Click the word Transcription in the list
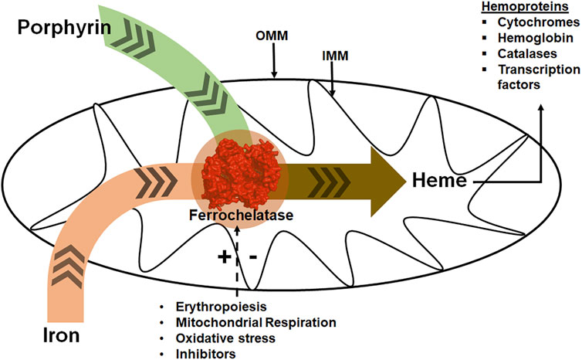click(x=540, y=75)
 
